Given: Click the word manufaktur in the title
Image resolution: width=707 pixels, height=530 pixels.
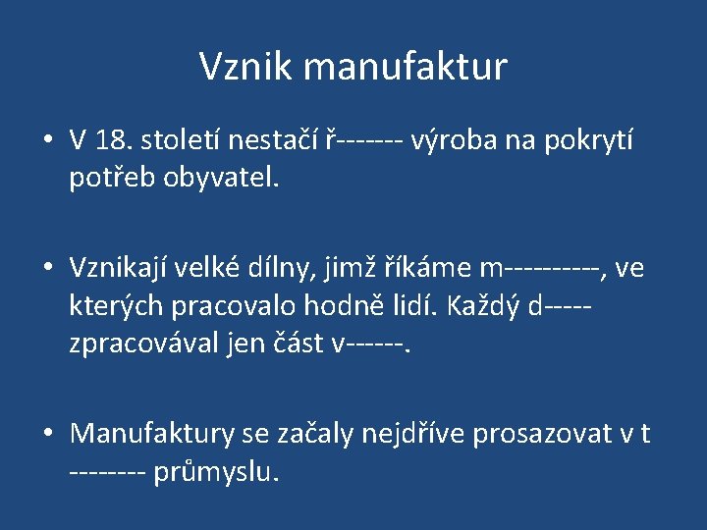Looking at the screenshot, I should (x=406, y=67).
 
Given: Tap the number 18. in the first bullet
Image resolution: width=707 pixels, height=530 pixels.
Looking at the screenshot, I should (x=115, y=141).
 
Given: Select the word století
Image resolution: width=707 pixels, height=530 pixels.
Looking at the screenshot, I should (x=182, y=141).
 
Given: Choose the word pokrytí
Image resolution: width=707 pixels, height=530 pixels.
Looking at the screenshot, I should (x=588, y=141).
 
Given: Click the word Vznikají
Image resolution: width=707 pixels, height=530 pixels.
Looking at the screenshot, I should (x=128, y=267).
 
